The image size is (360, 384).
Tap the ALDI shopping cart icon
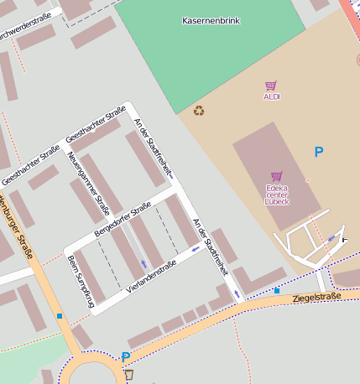click(x=271, y=86)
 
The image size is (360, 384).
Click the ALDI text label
click(x=271, y=97)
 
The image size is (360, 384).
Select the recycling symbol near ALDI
click(x=199, y=110)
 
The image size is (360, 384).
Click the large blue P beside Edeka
click(x=318, y=152)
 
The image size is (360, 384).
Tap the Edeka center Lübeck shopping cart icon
click(x=276, y=176)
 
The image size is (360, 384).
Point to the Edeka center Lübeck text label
click(x=276, y=195)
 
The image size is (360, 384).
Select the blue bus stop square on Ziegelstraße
click(x=277, y=290)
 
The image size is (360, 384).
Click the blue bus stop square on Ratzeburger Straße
click(x=60, y=316)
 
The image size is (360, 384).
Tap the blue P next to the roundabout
click(x=126, y=357)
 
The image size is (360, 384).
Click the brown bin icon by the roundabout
click(x=129, y=374)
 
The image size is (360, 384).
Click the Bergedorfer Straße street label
click(x=123, y=218)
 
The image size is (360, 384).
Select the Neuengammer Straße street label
click(x=89, y=184)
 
